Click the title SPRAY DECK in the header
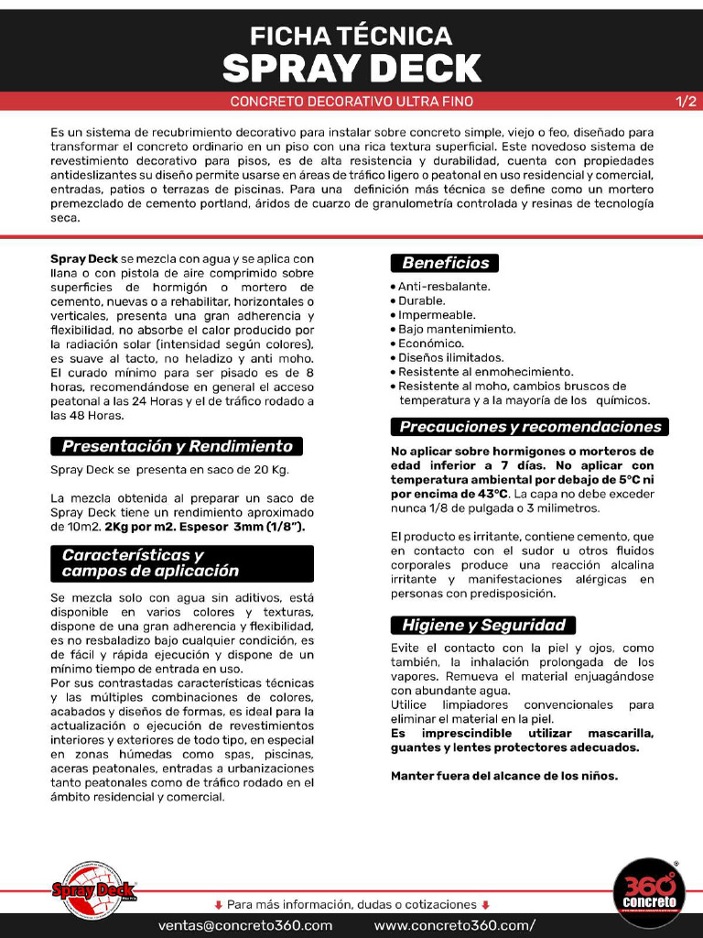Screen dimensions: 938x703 tap(351, 69)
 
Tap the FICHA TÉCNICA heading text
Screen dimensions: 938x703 tap(351, 36)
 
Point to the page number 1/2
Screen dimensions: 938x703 tap(686, 102)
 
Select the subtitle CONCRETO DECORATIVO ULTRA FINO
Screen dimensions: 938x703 tap(351, 102)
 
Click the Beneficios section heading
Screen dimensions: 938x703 tap(446, 263)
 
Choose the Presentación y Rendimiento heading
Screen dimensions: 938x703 tap(177, 447)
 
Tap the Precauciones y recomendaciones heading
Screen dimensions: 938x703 tap(530, 427)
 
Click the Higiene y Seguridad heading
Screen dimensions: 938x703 tap(483, 626)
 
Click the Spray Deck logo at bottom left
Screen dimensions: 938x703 tap(93, 889)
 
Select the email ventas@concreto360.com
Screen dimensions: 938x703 tap(245, 925)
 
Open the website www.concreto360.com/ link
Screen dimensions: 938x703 tap(455, 925)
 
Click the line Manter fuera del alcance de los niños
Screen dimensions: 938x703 tap(504, 776)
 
